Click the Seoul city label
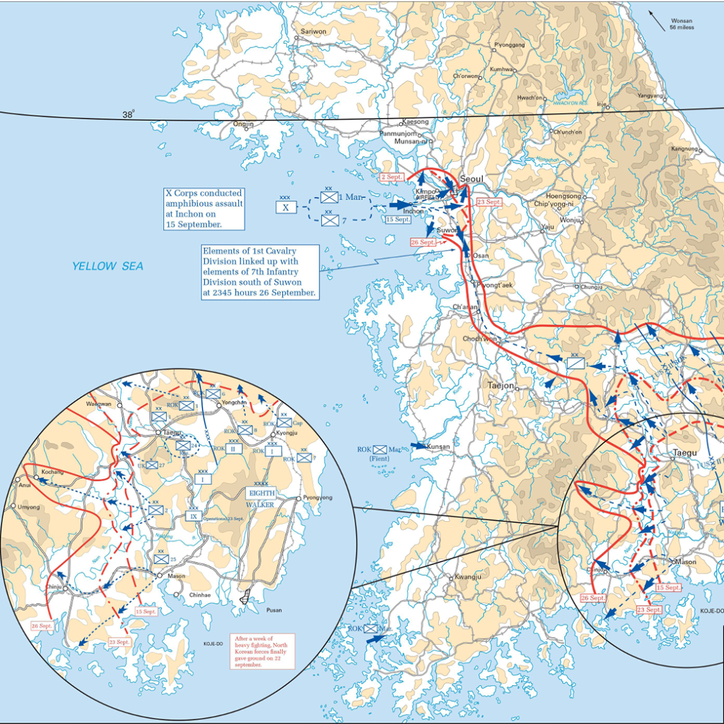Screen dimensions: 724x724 [x=472, y=180]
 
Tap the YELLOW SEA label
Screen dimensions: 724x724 [x=107, y=266]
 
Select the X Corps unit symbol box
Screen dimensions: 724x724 [x=286, y=207]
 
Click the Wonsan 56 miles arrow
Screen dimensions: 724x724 [x=657, y=22]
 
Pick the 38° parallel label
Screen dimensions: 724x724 [x=128, y=115]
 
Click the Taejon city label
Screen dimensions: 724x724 [x=501, y=386]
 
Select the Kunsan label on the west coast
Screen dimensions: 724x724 [x=438, y=448]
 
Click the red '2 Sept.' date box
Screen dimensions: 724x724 [x=391, y=177]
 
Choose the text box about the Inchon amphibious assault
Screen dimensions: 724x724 [x=204, y=209]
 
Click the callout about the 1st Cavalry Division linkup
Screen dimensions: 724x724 [x=259, y=271]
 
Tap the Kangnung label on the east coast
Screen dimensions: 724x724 [x=684, y=149]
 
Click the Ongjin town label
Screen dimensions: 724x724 [x=243, y=124]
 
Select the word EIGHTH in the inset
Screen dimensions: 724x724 [x=261, y=493]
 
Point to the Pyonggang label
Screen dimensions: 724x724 [x=509, y=45]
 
